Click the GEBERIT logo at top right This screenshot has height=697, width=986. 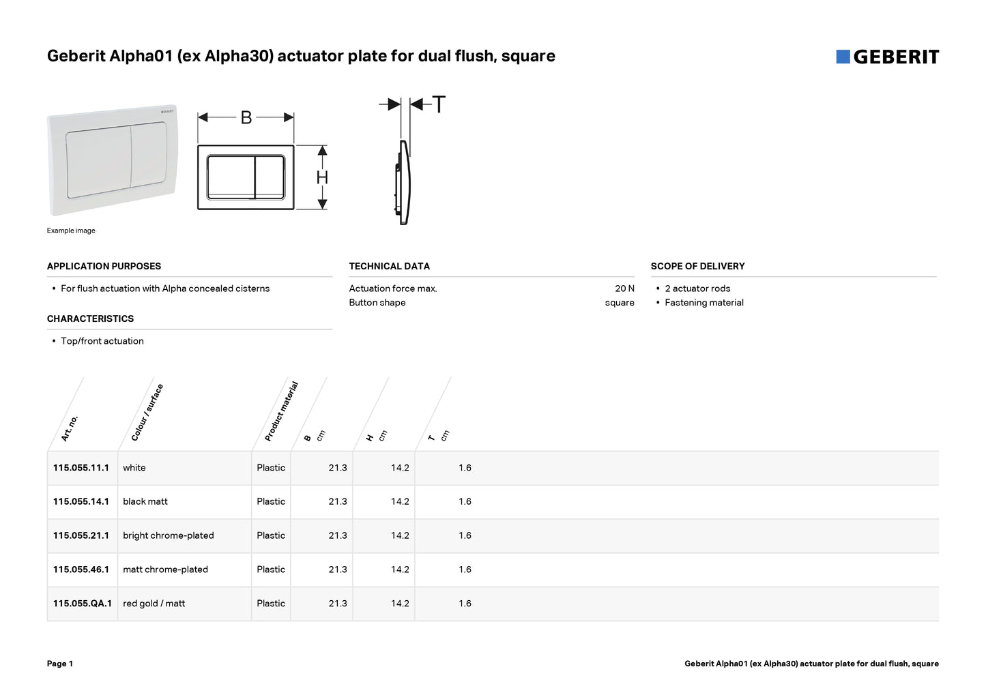tap(887, 57)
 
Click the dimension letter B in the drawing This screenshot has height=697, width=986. tap(246, 118)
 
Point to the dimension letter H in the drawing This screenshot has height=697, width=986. tap(322, 178)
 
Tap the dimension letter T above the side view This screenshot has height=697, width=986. tap(439, 105)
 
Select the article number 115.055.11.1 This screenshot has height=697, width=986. tap(81, 468)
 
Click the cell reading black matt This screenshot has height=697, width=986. tap(145, 502)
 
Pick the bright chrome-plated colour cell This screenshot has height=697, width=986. tap(169, 536)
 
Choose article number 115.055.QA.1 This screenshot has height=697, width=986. tap(83, 604)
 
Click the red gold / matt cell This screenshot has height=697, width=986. tap(154, 604)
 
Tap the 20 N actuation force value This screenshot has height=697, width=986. tap(624, 288)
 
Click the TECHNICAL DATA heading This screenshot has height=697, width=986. tap(389, 267)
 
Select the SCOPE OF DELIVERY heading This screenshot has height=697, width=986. tap(697, 267)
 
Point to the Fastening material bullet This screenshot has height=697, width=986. tap(704, 303)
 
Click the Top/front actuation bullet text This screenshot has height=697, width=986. tap(102, 342)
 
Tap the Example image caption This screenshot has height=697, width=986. tap(71, 231)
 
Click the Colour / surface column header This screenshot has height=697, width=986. tap(147, 413)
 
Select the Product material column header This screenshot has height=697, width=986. tap(281, 411)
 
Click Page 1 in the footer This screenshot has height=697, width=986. tap(60, 664)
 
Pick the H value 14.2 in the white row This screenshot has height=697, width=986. tap(400, 468)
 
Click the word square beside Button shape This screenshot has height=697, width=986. tap(620, 303)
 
